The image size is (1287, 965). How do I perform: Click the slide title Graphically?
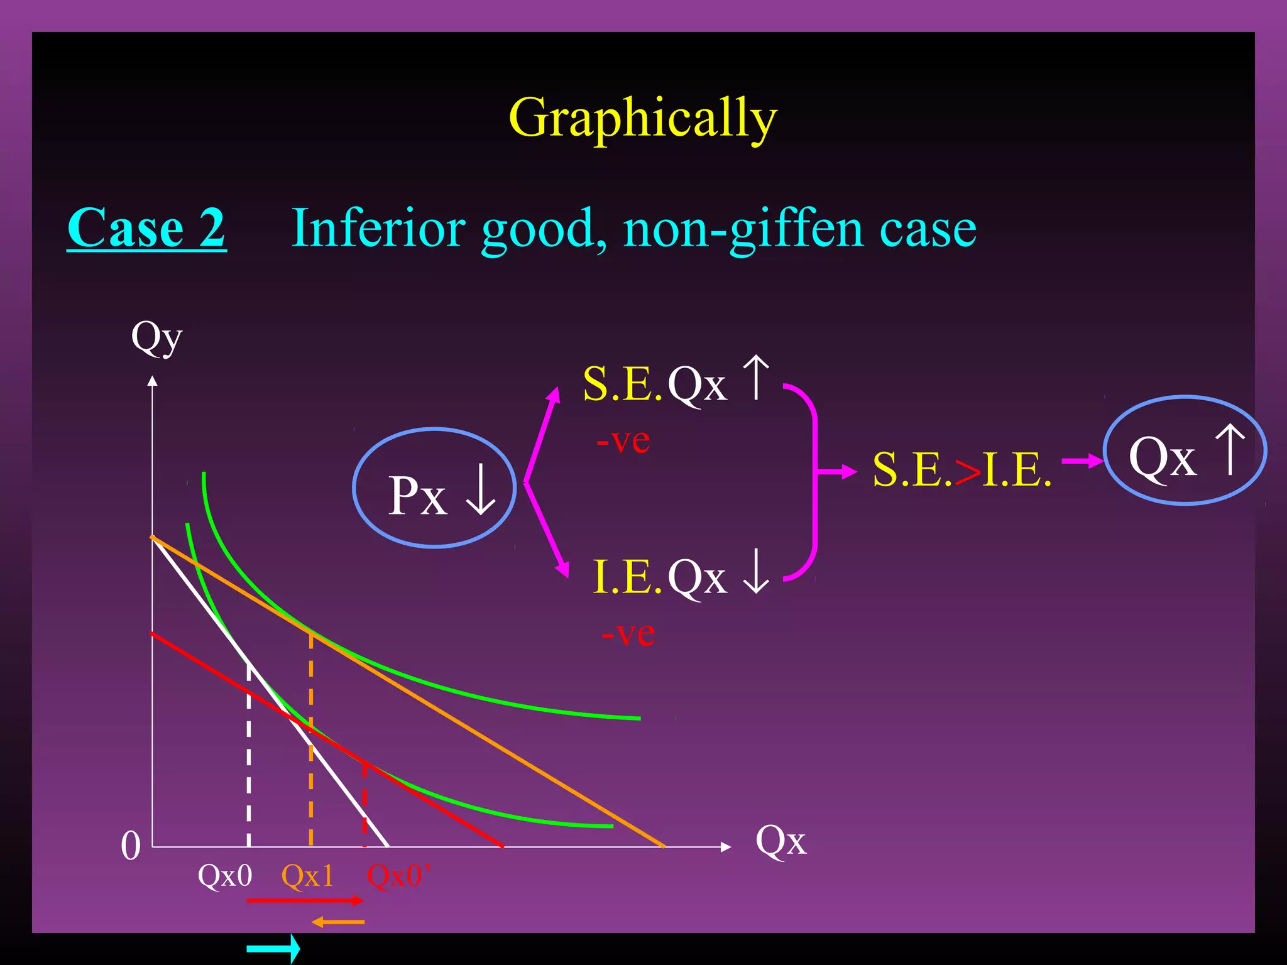(643, 118)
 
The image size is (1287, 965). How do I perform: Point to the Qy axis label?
(156, 338)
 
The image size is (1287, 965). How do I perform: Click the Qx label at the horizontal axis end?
(780, 841)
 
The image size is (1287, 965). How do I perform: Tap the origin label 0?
(131, 846)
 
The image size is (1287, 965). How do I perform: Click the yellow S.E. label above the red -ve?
(622, 384)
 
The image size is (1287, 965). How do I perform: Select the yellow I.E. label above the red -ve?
(627, 577)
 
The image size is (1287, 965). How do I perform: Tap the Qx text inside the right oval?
(1162, 458)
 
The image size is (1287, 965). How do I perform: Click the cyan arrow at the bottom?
(273, 948)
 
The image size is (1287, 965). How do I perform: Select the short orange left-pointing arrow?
(338, 922)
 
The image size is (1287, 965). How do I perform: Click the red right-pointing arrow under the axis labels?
(305, 901)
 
